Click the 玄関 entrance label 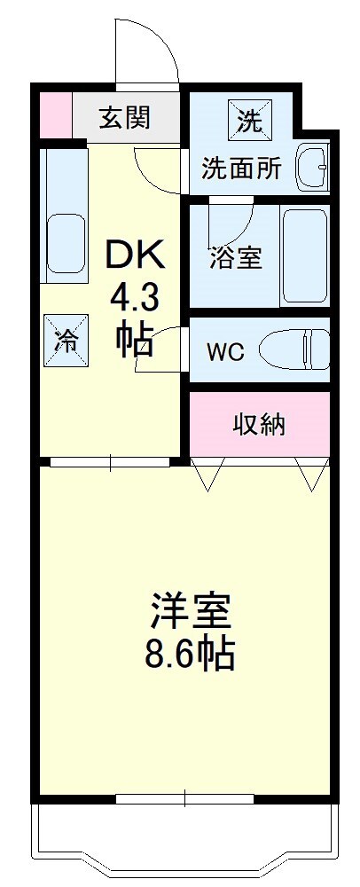[x=125, y=118]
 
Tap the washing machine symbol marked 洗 [x=250, y=121]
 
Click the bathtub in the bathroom [x=305, y=257]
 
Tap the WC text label [x=225, y=352]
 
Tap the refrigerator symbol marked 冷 [x=67, y=341]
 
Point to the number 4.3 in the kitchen [x=135, y=300]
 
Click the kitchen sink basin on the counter [x=66, y=242]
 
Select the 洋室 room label [x=191, y=608]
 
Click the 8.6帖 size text [x=191, y=654]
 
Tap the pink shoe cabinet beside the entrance [x=55, y=114]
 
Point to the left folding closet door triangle [x=208, y=474]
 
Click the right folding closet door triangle [x=311, y=474]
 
